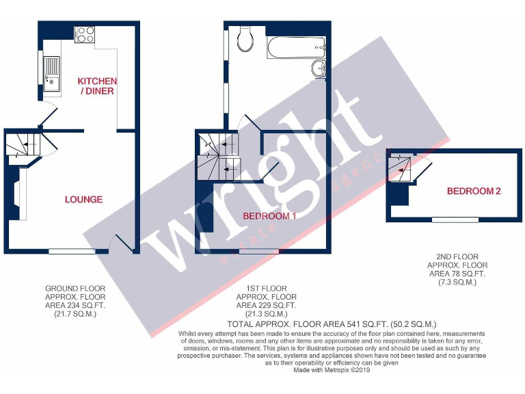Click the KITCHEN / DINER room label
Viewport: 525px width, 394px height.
pyautogui.click(x=97, y=86)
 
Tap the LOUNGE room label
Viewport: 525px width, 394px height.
pyautogui.click(x=83, y=200)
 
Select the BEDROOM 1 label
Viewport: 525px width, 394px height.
pyautogui.click(x=269, y=216)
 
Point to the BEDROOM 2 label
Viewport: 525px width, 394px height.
pyautogui.click(x=473, y=191)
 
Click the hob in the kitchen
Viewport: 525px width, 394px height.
pyautogui.click(x=85, y=34)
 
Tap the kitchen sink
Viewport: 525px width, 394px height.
pyautogui.click(x=51, y=75)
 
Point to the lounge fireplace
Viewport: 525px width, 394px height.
pyautogui.click(x=16, y=195)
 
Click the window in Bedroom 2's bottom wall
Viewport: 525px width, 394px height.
pyautogui.click(x=455, y=219)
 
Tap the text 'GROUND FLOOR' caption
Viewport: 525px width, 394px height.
pyautogui.click(x=75, y=288)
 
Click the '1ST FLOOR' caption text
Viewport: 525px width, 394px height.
pyautogui.click(x=266, y=288)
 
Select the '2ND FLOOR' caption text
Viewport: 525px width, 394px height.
pyautogui.click(x=457, y=256)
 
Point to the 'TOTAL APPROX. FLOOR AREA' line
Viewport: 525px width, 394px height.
pyautogui.click(x=332, y=324)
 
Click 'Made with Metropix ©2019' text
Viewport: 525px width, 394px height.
pyautogui.click(x=332, y=370)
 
